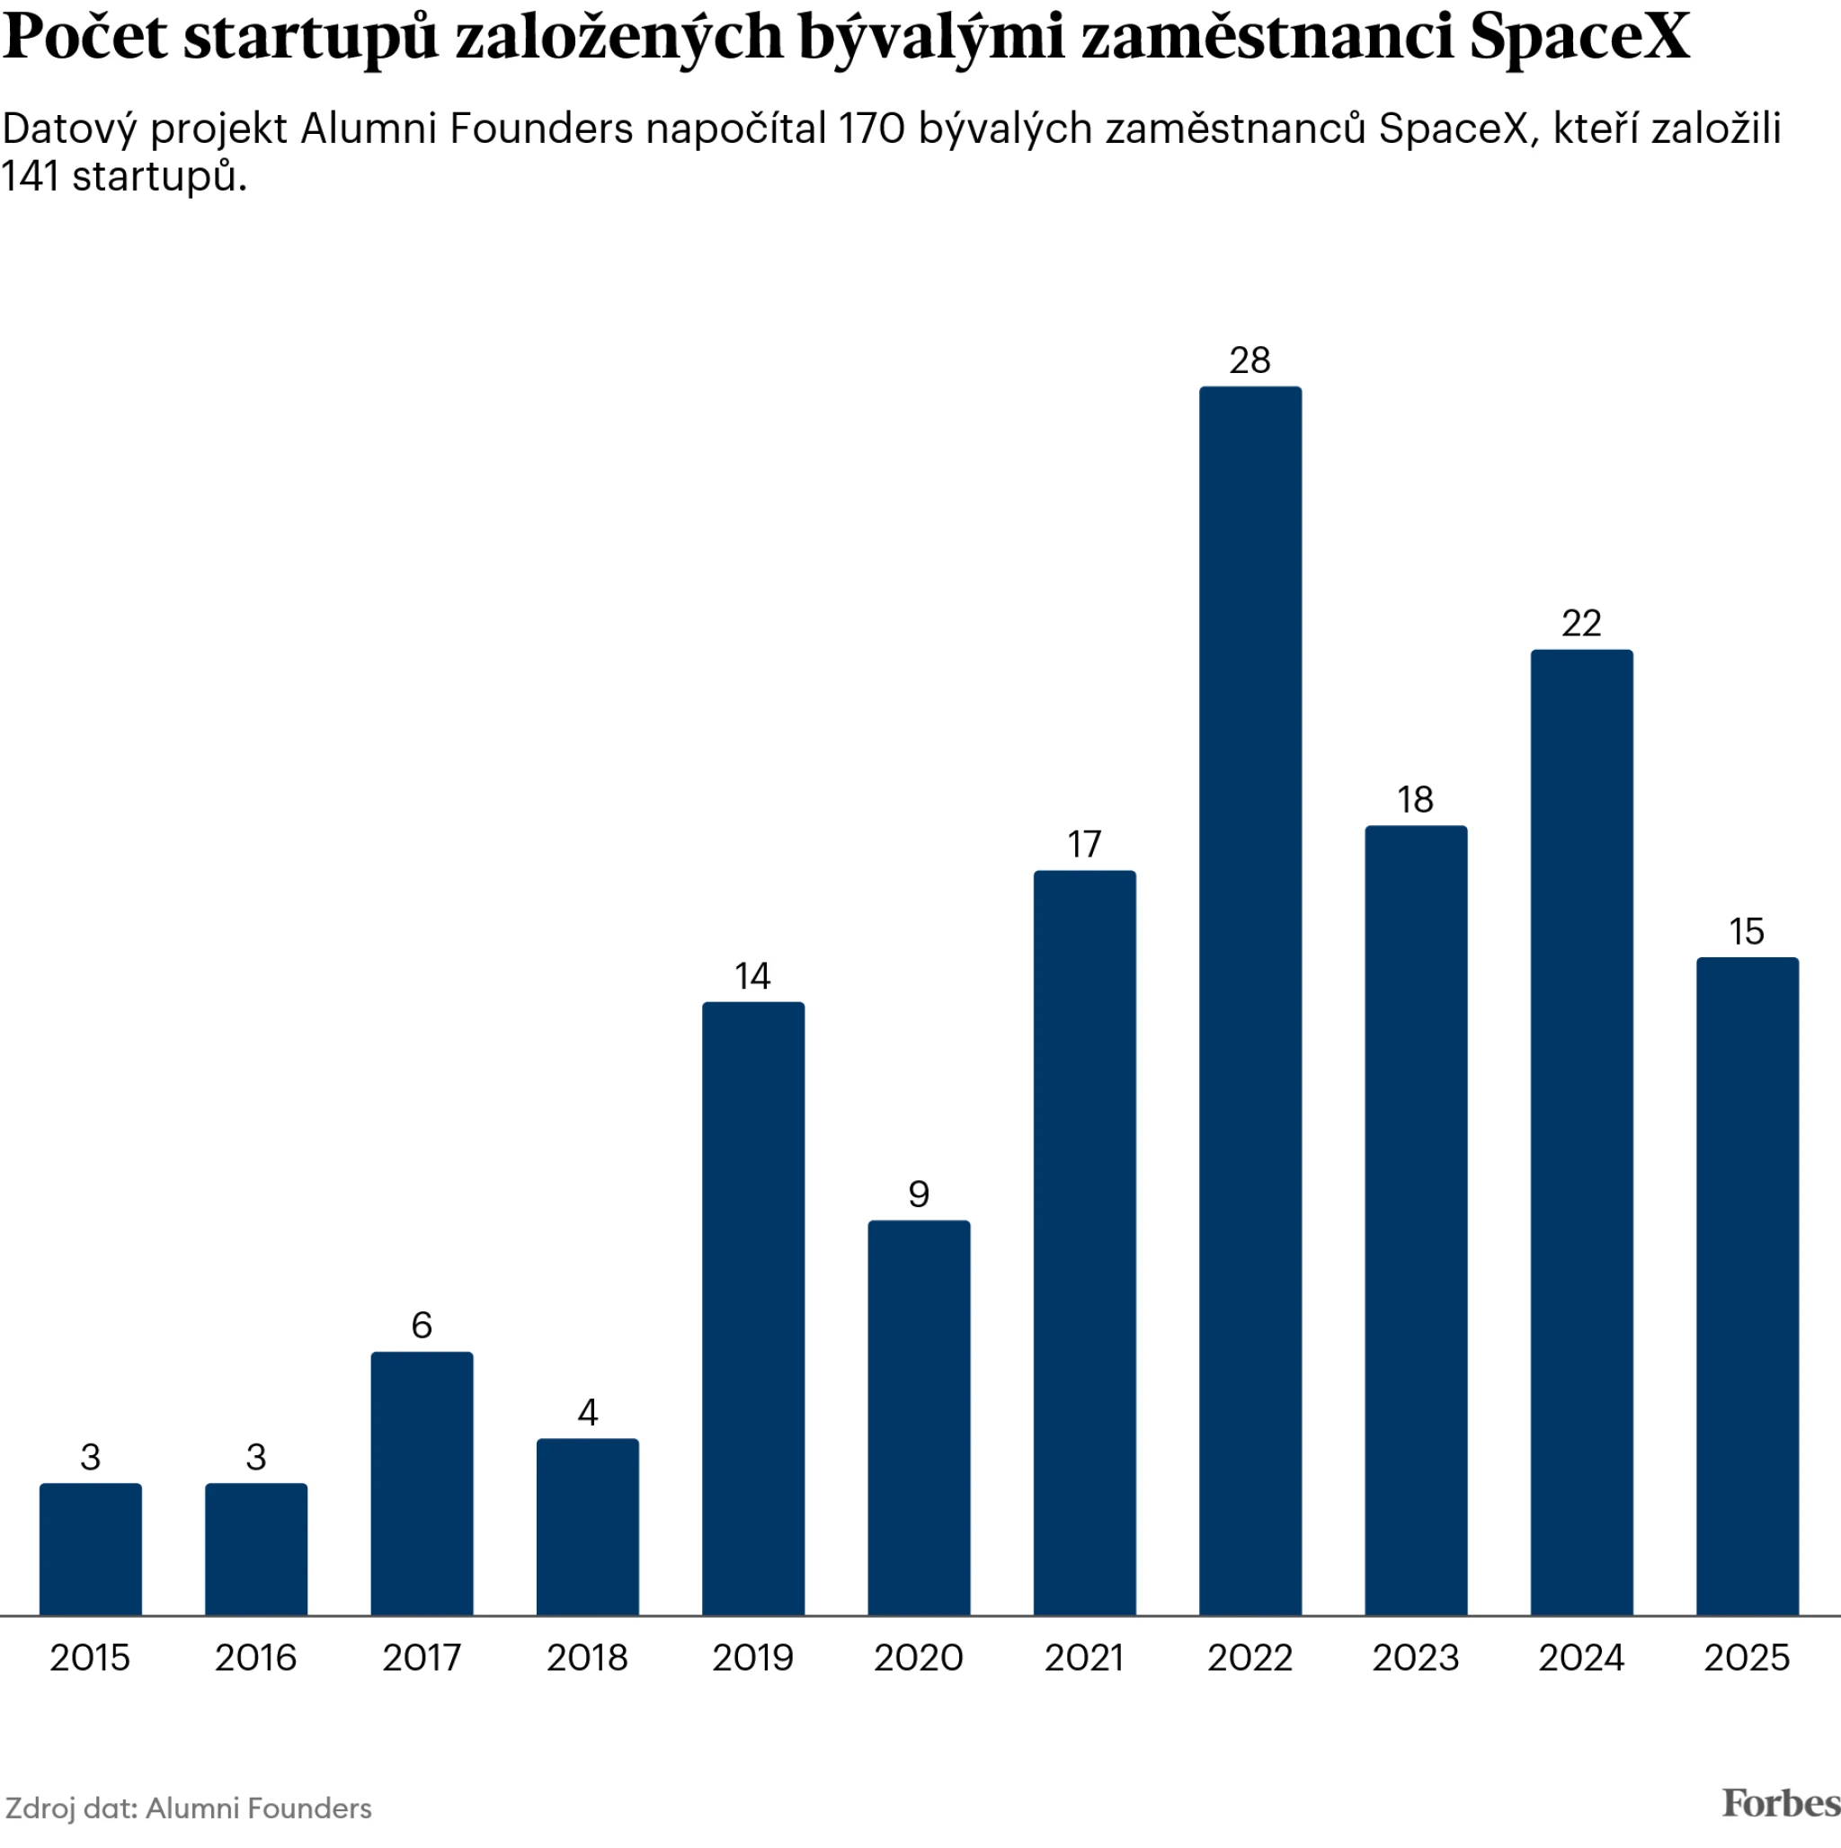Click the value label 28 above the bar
pyautogui.click(x=1250, y=360)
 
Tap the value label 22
pyautogui.click(x=1580, y=624)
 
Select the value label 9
pyautogui.click(x=919, y=1194)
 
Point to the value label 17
pyautogui.click(x=1084, y=845)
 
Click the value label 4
pyautogui.click(x=588, y=1412)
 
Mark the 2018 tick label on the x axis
pyautogui.click(x=588, y=1657)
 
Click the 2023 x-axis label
pyautogui.click(x=1415, y=1657)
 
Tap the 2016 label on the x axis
pyautogui.click(x=255, y=1657)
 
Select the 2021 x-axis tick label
pyautogui.click(x=1084, y=1657)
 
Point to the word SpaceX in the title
pyautogui.click(x=1579, y=36)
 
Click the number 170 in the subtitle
pyautogui.click(x=871, y=129)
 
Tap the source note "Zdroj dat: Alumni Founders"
pyautogui.click(x=189, y=1808)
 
